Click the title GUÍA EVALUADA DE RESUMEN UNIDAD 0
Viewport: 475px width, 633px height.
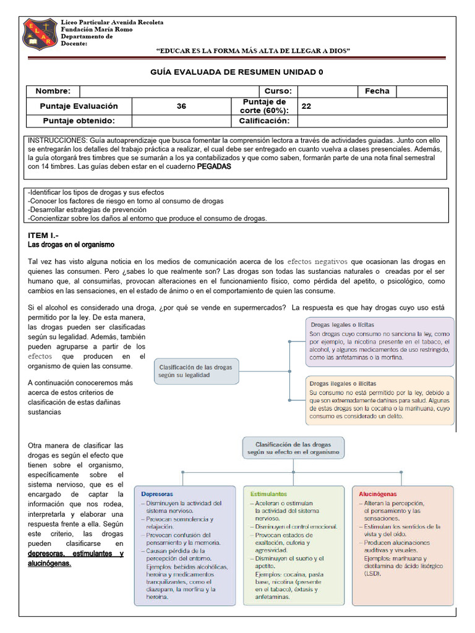pyautogui.click(x=237, y=72)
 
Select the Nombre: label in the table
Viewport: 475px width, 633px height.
pyautogui.click(x=53, y=91)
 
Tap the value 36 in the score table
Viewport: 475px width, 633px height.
pyautogui.click(x=181, y=106)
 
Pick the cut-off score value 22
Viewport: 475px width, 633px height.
pyautogui.click(x=306, y=106)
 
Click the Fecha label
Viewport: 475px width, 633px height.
pyautogui.click(x=377, y=91)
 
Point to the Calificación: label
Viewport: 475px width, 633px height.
pyautogui.click(x=264, y=121)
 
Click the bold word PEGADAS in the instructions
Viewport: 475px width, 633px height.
pyautogui.click(x=214, y=167)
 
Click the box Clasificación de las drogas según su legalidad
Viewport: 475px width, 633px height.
pyautogui.click(x=196, y=371)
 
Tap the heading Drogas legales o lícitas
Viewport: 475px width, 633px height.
pyautogui.click(x=342, y=325)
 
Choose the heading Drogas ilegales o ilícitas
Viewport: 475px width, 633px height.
pyautogui.click(x=343, y=383)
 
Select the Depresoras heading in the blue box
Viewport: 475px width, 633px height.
pyautogui.click(x=157, y=495)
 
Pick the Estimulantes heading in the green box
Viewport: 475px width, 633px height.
pyautogui.click(x=269, y=495)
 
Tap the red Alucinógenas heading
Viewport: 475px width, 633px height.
pyautogui.click(x=378, y=495)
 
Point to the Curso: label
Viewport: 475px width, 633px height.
pyautogui.click(x=278, y=91)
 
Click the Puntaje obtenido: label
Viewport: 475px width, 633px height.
pyautogui.click(x=77, y=121)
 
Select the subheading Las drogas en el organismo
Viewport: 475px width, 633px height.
pyautogui.click(x=71, y=245)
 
